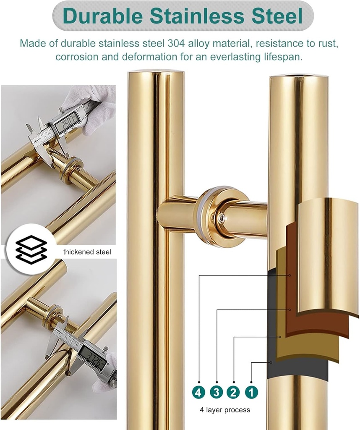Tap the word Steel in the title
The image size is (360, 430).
[274, 16]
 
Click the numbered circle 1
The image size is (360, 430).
[251, 392]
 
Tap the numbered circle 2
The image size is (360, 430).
[233, 392]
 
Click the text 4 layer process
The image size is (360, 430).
[224, 410]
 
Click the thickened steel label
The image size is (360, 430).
[87, 252]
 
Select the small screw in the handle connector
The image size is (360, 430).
[220, 218]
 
